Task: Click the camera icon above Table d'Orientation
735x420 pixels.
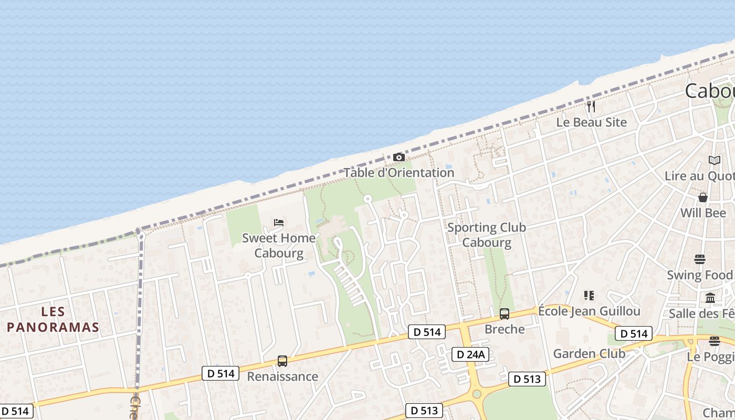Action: (x=399, y=157)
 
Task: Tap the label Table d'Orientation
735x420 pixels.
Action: (x=399, y=173)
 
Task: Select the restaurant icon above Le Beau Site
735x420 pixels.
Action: (x=591, y=107)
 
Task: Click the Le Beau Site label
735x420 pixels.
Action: (x=592, y=122)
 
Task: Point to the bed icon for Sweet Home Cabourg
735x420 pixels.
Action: (x=279, y=223)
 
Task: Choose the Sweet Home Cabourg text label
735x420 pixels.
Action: (x=279, y=246)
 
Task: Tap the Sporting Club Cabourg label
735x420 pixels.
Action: (x=487, y=235)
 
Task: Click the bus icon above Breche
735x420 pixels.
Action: (x=505, y=314)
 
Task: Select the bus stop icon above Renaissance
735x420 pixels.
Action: (x=282, y=361)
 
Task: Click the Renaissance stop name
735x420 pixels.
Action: (x=282, y=376)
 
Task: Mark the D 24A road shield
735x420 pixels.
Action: (x=470, y=354)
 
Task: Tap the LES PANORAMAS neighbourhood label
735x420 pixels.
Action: (x=53, y=320)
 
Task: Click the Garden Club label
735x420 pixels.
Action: (x=589, y=354)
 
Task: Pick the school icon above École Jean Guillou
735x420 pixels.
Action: (x=589, y=296)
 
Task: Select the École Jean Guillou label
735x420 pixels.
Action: (x=589, y=311)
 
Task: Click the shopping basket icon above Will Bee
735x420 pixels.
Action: (x=703, y=197)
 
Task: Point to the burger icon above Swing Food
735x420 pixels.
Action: (x=700, y=259)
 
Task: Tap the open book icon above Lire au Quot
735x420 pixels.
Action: (x=714, y=160)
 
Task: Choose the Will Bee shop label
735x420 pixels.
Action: (x=703, y=213)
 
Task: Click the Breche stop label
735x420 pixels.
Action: (x=505, y=329)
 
